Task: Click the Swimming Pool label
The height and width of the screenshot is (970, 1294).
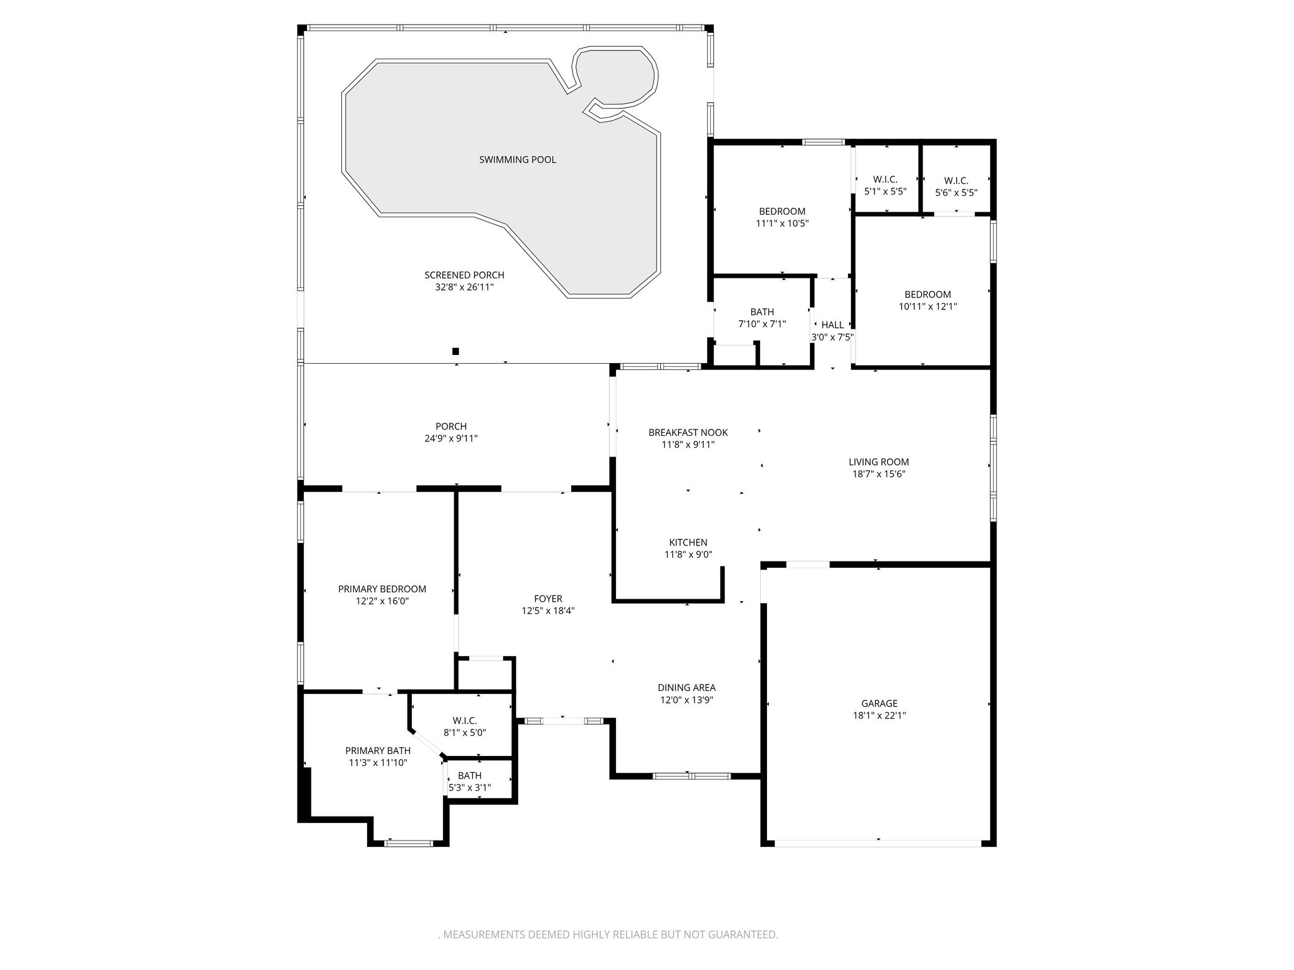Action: [x=517, y=160]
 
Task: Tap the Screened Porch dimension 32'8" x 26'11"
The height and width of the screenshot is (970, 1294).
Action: [x=464, y=287]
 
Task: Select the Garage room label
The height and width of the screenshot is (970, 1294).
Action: [x=879, y=704]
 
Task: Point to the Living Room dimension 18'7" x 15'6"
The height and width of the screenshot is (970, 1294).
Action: [x=879, y=474]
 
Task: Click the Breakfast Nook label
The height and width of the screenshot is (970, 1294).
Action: [x=688, y=433]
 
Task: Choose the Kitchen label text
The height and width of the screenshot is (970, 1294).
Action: [x=688, y=542]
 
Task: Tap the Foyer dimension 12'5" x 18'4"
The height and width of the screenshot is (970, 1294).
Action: [x=548, y=611]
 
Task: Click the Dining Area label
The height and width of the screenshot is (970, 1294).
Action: [x=687, y=688]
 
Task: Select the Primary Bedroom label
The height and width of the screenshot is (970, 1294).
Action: [x=382, y=589]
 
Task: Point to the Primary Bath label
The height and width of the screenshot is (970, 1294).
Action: [x=378, y=751]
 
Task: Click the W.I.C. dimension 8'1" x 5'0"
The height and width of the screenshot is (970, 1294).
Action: [x=464, y=733]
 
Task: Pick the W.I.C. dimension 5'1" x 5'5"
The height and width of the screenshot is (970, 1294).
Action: [x=885, y=191]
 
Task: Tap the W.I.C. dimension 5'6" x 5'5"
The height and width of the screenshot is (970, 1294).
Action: [x=956, y=192]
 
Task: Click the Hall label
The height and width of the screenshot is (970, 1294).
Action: [x=832, y=325]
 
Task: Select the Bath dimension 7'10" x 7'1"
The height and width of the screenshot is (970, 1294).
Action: [x=762, y=324]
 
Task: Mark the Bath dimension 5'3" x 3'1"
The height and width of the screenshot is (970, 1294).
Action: [x=469, y=787]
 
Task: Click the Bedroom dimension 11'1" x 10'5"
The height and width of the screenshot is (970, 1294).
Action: [x=782, y=223]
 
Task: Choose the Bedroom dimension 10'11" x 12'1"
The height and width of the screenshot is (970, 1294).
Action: [x=928, y=306]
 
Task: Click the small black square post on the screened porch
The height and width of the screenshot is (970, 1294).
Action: [x=456, y=351]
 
